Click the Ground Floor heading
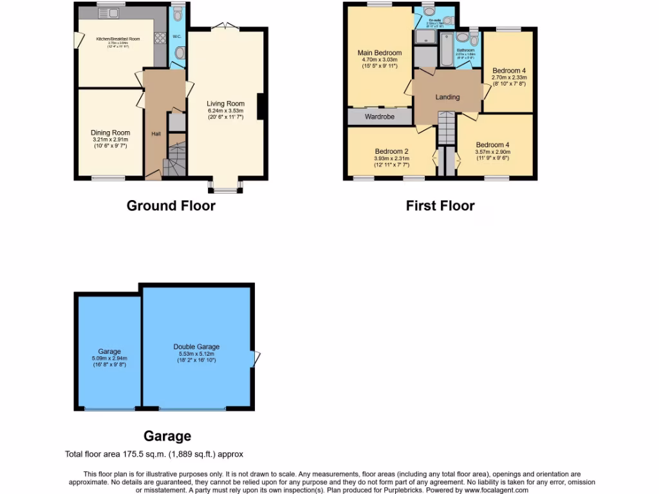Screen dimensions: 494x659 tap(171, 206)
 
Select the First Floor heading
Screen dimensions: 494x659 tap(440, 206)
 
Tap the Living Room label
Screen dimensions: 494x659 tap(225, 104)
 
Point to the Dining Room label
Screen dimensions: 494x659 tap(110, 133)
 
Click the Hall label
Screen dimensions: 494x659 tap(156, 134)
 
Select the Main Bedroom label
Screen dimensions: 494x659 tap(380, 53)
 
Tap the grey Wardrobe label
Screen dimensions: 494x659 tap(379, 117)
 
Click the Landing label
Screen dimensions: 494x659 tap(447, 97)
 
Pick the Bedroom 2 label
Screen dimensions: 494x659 tap(391, 151)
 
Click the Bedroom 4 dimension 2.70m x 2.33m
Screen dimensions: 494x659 tap(509, 77)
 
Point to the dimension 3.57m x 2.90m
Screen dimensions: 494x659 tap(493, 152)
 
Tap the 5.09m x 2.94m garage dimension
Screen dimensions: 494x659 tap(109, 359)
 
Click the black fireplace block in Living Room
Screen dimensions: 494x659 tap(262, 107)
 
